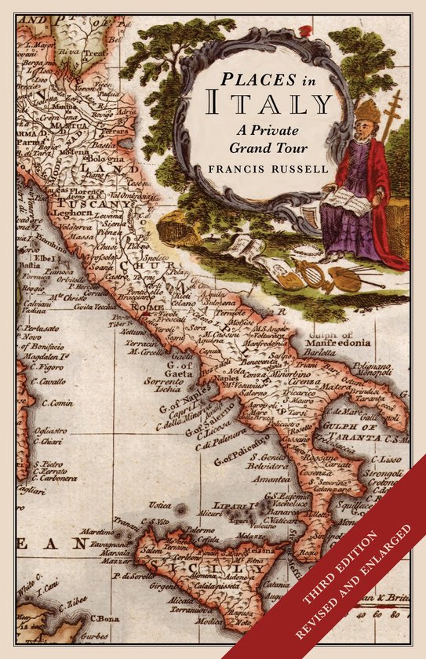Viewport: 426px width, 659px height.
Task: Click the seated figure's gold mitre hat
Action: [x=367, y=111]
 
